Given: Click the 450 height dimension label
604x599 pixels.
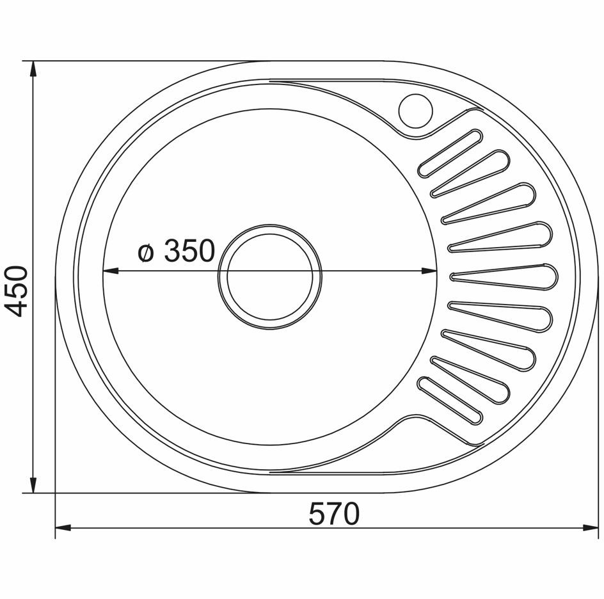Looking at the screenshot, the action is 17,291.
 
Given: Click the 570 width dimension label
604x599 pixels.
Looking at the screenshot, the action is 335,513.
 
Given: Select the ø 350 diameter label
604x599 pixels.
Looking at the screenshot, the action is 176,250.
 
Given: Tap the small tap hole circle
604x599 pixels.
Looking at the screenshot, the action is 416,111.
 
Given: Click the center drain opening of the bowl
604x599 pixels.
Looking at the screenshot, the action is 270,277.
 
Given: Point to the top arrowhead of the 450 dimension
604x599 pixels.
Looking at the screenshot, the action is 33,70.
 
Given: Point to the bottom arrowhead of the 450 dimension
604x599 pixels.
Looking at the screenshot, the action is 33,484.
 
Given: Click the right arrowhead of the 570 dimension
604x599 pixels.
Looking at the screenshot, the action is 590,527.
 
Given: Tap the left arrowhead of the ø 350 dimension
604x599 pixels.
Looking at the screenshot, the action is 110,271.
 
